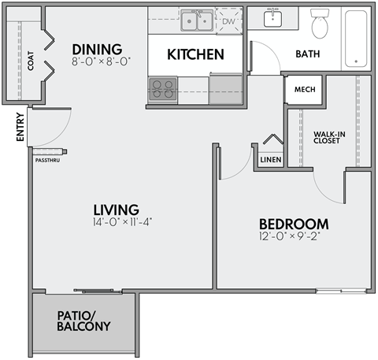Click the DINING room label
tap(97, 48)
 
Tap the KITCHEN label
tap(196, 54)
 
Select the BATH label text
tap(307, 54)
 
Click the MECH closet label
tap(305, 90)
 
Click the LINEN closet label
tap(270, 160)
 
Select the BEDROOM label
tap(293, 223)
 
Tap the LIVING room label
tap(116, 210)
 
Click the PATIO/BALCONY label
tap(83, 321)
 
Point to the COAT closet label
tap(30, 62)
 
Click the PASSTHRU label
tap(46, 160)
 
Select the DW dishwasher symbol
tap(228, 21)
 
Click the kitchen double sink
tap(196, 20)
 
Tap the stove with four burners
tap(163, 88)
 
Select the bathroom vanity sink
tap(274, 19)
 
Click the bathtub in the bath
tap(357, 37)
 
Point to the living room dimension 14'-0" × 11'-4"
tap(121, 222)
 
